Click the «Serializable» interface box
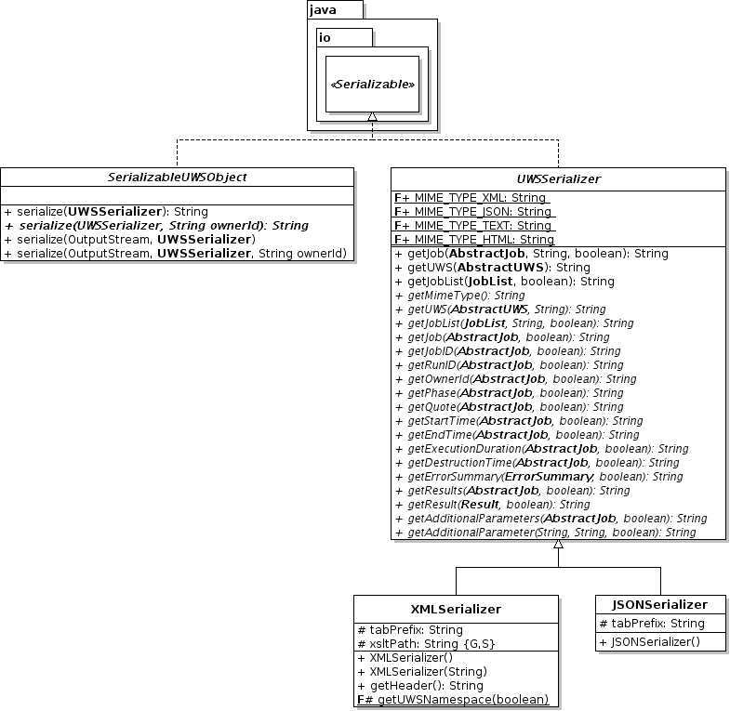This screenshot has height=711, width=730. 372,84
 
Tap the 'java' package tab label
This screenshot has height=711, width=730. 323,10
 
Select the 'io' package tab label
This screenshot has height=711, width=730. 325,37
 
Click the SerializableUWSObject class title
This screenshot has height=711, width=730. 177,177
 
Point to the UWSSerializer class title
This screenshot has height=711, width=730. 558,177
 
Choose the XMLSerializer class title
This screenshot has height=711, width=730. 456,609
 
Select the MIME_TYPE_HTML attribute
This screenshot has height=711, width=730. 473,239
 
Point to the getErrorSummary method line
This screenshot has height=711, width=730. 538,476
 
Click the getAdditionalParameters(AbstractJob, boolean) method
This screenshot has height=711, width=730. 551,518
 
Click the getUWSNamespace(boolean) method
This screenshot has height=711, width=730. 452,699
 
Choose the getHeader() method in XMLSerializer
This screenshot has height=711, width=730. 420,685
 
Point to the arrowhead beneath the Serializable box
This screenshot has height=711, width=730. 372,117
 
